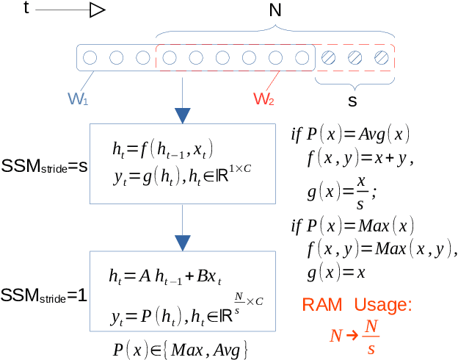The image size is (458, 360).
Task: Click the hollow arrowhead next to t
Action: tap(98, 10)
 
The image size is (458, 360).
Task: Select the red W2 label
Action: tap(264, 98)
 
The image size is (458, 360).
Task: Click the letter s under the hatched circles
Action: tap(352, 98)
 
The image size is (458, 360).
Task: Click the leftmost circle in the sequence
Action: tap(90, 57)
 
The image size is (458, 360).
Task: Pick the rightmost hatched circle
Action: tap(380, 57)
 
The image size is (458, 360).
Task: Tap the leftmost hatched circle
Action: tap(329, 57)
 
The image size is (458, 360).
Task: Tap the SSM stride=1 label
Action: tap(44, 297)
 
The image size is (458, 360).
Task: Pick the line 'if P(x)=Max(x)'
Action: tap(353, 224)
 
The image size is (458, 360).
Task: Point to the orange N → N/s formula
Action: tap(355, 336)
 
